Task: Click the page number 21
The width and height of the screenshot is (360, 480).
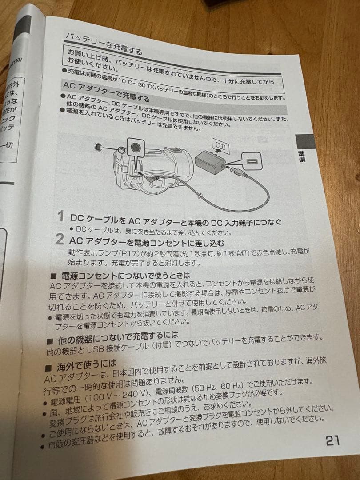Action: click(x=332, y=440)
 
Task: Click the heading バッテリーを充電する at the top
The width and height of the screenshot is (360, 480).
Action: click(x=104, y=44)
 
